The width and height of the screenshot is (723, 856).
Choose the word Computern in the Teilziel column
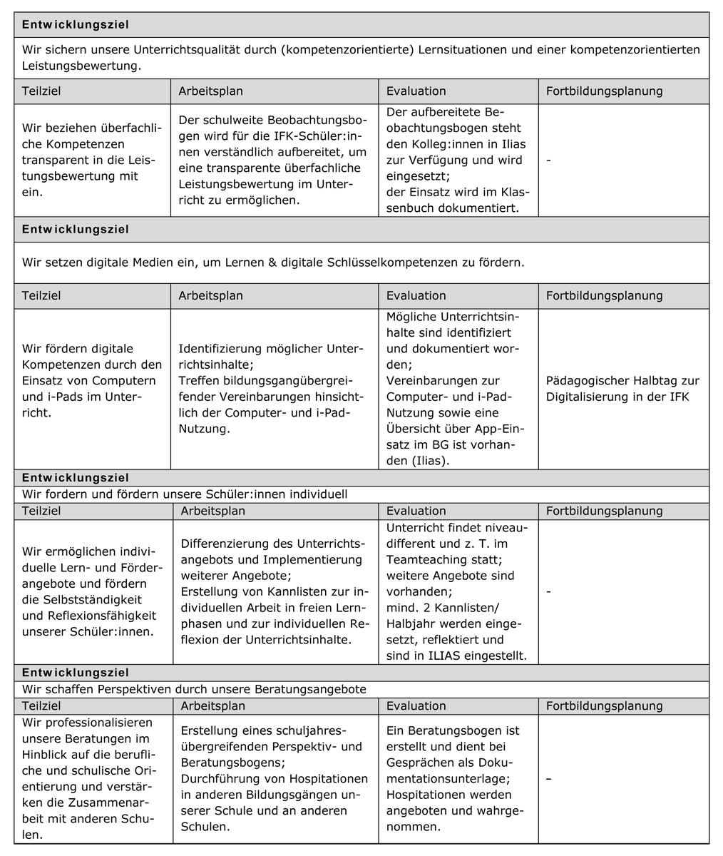click(123, 381)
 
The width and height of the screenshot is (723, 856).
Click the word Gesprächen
click(420, 763)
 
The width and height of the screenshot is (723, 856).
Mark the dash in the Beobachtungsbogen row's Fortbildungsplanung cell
click(548, 160)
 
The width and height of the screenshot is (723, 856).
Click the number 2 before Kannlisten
click(420, 608)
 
